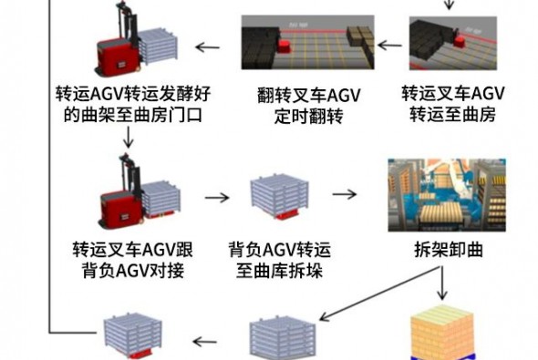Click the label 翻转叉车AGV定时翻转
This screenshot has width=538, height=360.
point(309,106)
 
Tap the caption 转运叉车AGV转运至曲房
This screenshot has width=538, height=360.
point(453,104)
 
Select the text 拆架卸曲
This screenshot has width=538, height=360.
point(449,250)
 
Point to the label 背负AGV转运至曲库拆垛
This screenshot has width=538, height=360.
point(280,260)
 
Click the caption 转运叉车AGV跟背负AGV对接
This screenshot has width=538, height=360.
point(133,260)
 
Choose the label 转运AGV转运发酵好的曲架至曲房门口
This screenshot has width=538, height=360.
point(133,104)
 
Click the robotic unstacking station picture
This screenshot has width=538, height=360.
point(447,195)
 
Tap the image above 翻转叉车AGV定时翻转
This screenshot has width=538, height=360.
point(308,43)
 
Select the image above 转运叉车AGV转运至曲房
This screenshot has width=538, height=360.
point(453,43)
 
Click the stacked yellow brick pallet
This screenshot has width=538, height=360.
point(442,333)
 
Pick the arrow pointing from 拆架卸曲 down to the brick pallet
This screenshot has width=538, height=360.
point(442,283)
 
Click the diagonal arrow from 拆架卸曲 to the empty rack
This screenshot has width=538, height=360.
point(378,293)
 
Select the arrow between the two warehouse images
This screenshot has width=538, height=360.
point(390,45)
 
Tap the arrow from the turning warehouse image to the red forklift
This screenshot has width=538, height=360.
point(208,47)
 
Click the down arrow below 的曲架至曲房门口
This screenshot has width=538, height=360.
point(128,137)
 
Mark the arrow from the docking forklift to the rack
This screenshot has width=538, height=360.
point(217,198)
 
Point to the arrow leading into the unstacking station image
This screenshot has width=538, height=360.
point(345,194)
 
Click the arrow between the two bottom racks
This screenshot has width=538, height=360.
point(205,342)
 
